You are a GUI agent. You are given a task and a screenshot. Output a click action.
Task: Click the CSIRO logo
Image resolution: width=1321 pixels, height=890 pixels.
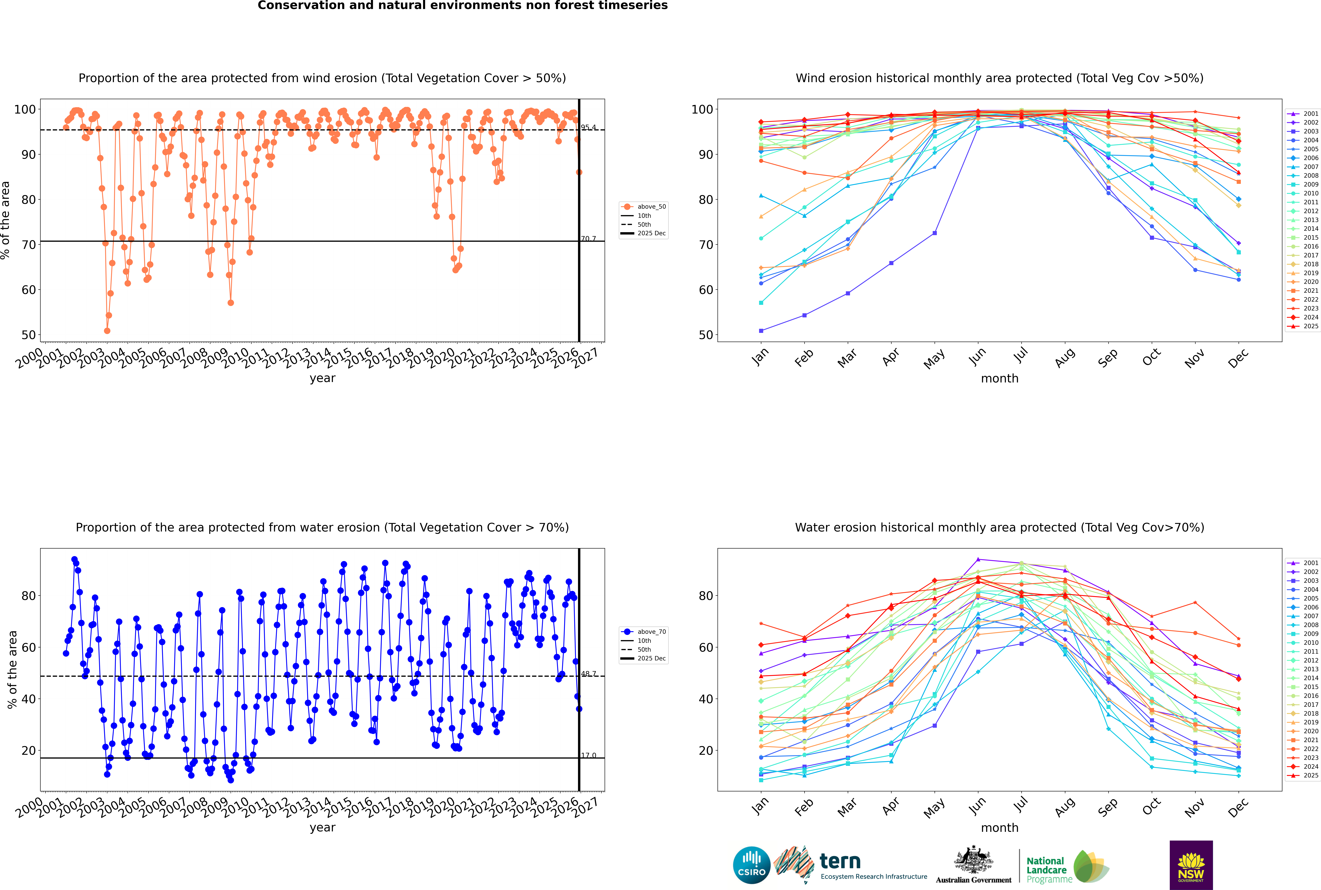coord(751,865)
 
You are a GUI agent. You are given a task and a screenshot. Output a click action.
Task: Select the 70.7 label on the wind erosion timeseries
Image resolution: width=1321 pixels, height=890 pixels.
coord(588,239)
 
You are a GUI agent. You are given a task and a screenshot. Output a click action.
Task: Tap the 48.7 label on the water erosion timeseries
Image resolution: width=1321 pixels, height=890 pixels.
coord(588,674)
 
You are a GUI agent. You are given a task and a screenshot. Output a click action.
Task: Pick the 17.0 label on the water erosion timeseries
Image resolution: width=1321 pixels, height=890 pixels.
coord(588,755)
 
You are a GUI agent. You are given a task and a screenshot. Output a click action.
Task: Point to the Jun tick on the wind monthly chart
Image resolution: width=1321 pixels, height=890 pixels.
coord(977,356)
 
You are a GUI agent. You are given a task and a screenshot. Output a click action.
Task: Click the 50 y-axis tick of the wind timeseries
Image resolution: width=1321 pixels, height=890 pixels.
coord(28,335)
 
